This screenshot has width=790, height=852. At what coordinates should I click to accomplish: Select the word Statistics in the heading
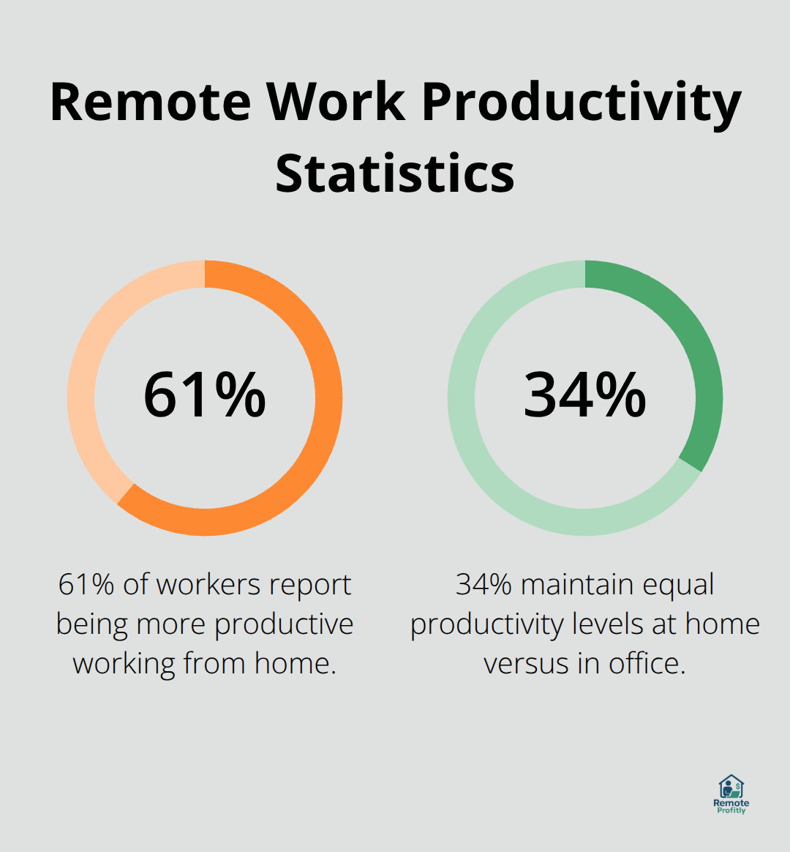[x=395, y=173]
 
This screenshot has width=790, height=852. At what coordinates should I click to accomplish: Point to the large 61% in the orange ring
[x=204, y=395]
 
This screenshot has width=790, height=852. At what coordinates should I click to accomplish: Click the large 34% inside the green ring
[x=584, y=395]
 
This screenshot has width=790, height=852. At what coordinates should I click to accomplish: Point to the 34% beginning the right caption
[x=484, y=584]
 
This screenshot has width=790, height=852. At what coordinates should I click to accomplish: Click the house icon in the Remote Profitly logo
[x=731, y=787]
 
